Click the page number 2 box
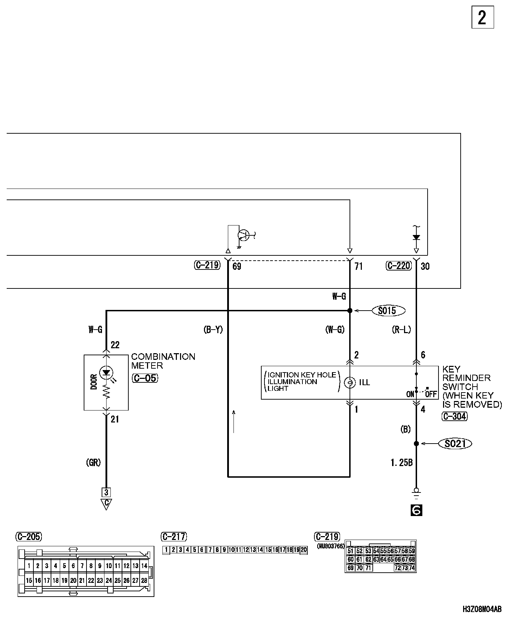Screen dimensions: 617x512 482,17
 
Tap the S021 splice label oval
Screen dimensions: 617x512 455,444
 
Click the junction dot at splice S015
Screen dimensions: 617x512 350,311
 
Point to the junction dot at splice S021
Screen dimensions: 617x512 416,444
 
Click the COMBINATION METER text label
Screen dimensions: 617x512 163,361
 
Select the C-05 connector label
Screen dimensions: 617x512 145,378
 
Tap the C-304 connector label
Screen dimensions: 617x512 454,416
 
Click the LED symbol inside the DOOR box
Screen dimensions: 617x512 106,373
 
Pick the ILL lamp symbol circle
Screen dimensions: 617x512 350,383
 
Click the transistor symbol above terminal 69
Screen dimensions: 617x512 243,235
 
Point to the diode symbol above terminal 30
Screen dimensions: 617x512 416,237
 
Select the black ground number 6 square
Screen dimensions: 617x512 416,510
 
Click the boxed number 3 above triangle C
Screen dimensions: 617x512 106,492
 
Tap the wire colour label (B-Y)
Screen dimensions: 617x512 213,330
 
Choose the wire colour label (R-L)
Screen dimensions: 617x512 401,330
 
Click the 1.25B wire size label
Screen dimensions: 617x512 401,463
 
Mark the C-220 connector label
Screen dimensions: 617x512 398,266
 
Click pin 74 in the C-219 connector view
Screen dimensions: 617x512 412,568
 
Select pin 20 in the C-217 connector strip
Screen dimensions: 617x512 303,549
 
